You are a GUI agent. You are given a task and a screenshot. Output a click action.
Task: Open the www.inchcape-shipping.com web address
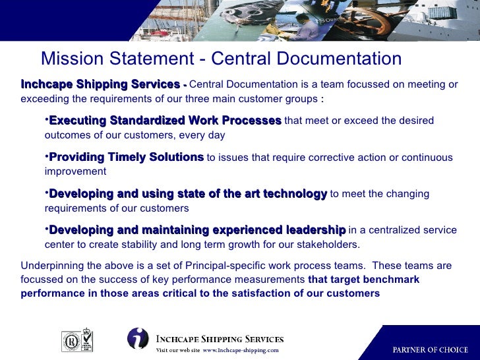pyautogui.click(x=241, y=351)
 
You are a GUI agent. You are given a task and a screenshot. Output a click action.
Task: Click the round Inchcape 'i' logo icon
pyautogui.click(x=138, y=338)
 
